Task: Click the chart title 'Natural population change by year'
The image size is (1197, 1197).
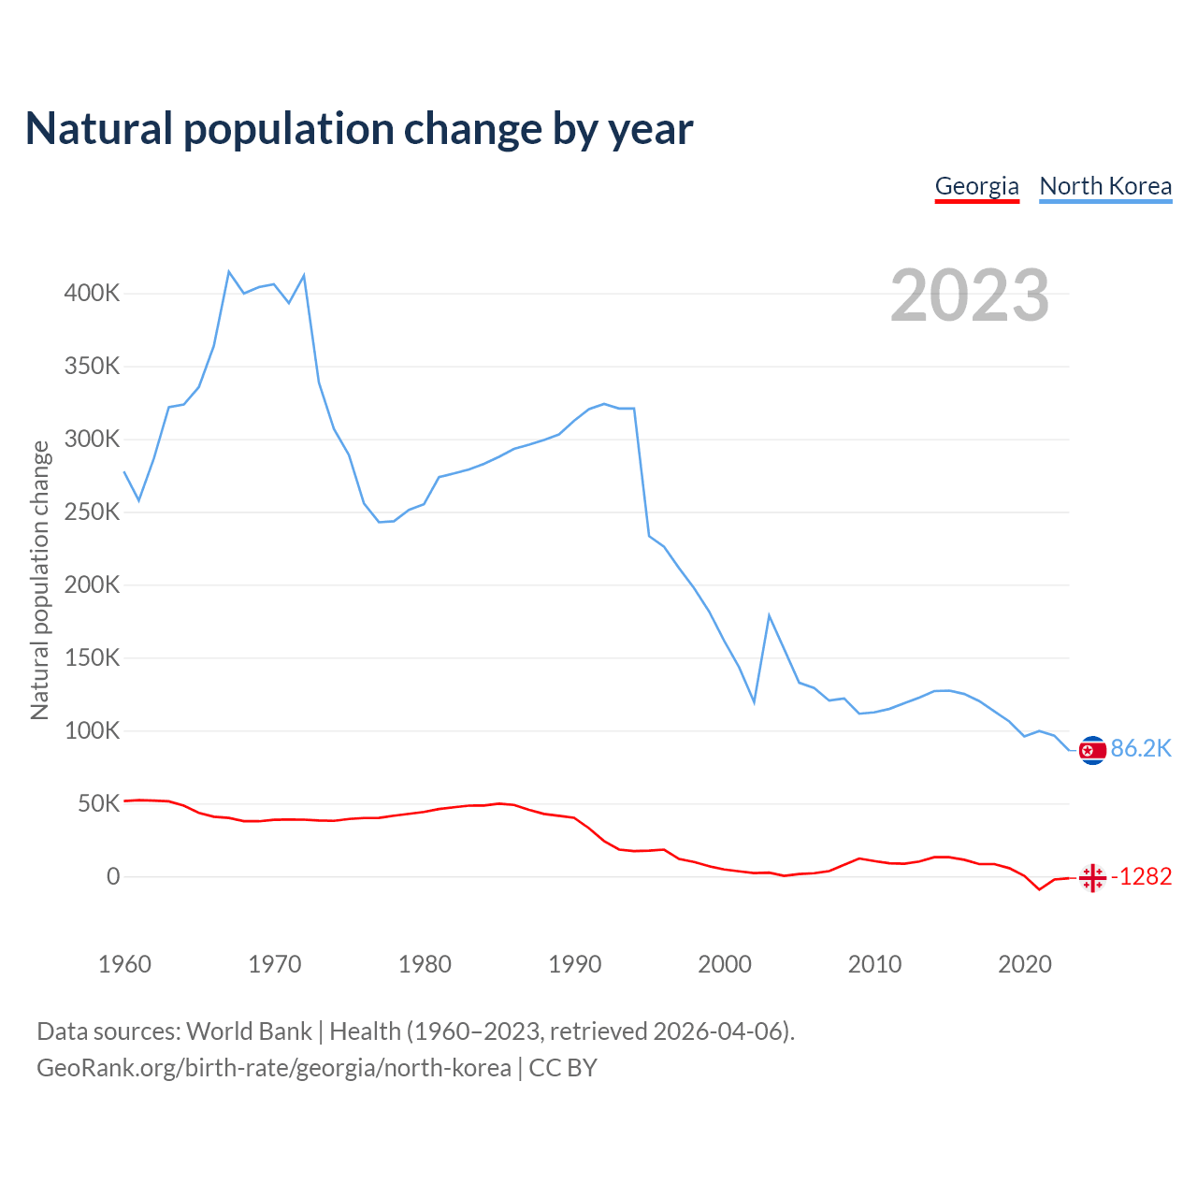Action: (x=359, y=129)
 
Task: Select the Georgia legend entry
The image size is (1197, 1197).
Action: (x=976, y=186)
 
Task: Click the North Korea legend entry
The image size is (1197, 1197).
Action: (x=1105, y=186)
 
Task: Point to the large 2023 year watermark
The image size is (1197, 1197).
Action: (x=970, y=296)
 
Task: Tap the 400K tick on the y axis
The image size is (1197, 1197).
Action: (x=92, y=294)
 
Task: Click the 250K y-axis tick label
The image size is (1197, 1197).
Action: (x=92, y=512)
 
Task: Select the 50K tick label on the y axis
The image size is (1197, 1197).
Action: (x=98, y=804)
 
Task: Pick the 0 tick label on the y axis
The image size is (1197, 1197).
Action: (x=113, y=877)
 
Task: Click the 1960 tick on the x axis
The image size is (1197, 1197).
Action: (x=124, y=964)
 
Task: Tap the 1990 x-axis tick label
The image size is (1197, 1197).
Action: (x=574, y=964)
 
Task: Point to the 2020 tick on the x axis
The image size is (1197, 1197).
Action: (x=1025, y=964)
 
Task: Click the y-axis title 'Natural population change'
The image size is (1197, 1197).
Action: (x=39, y=581)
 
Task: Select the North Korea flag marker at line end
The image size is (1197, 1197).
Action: (x=1092, y=750)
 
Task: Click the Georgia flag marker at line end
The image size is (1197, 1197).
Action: (x=1092, y=878)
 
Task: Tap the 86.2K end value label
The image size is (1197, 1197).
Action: (x=1141, y=749)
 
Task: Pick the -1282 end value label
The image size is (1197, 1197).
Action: (x=1141, y=877)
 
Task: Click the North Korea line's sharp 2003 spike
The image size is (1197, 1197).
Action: (x=769, y=615)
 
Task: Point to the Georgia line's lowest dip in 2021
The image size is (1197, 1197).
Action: (x=1039, y=888)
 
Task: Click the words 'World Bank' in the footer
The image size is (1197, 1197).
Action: (x=249, y=1031)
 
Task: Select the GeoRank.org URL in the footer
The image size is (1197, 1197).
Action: (x=274, y=1068)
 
